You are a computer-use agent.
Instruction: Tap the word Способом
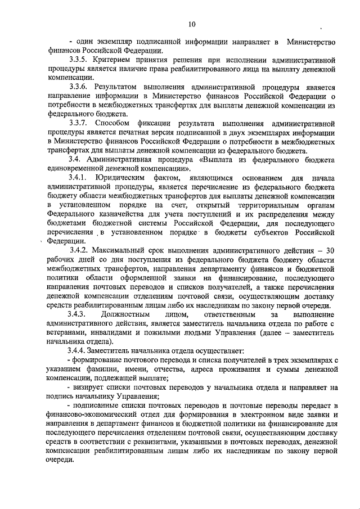click(116, 123)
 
